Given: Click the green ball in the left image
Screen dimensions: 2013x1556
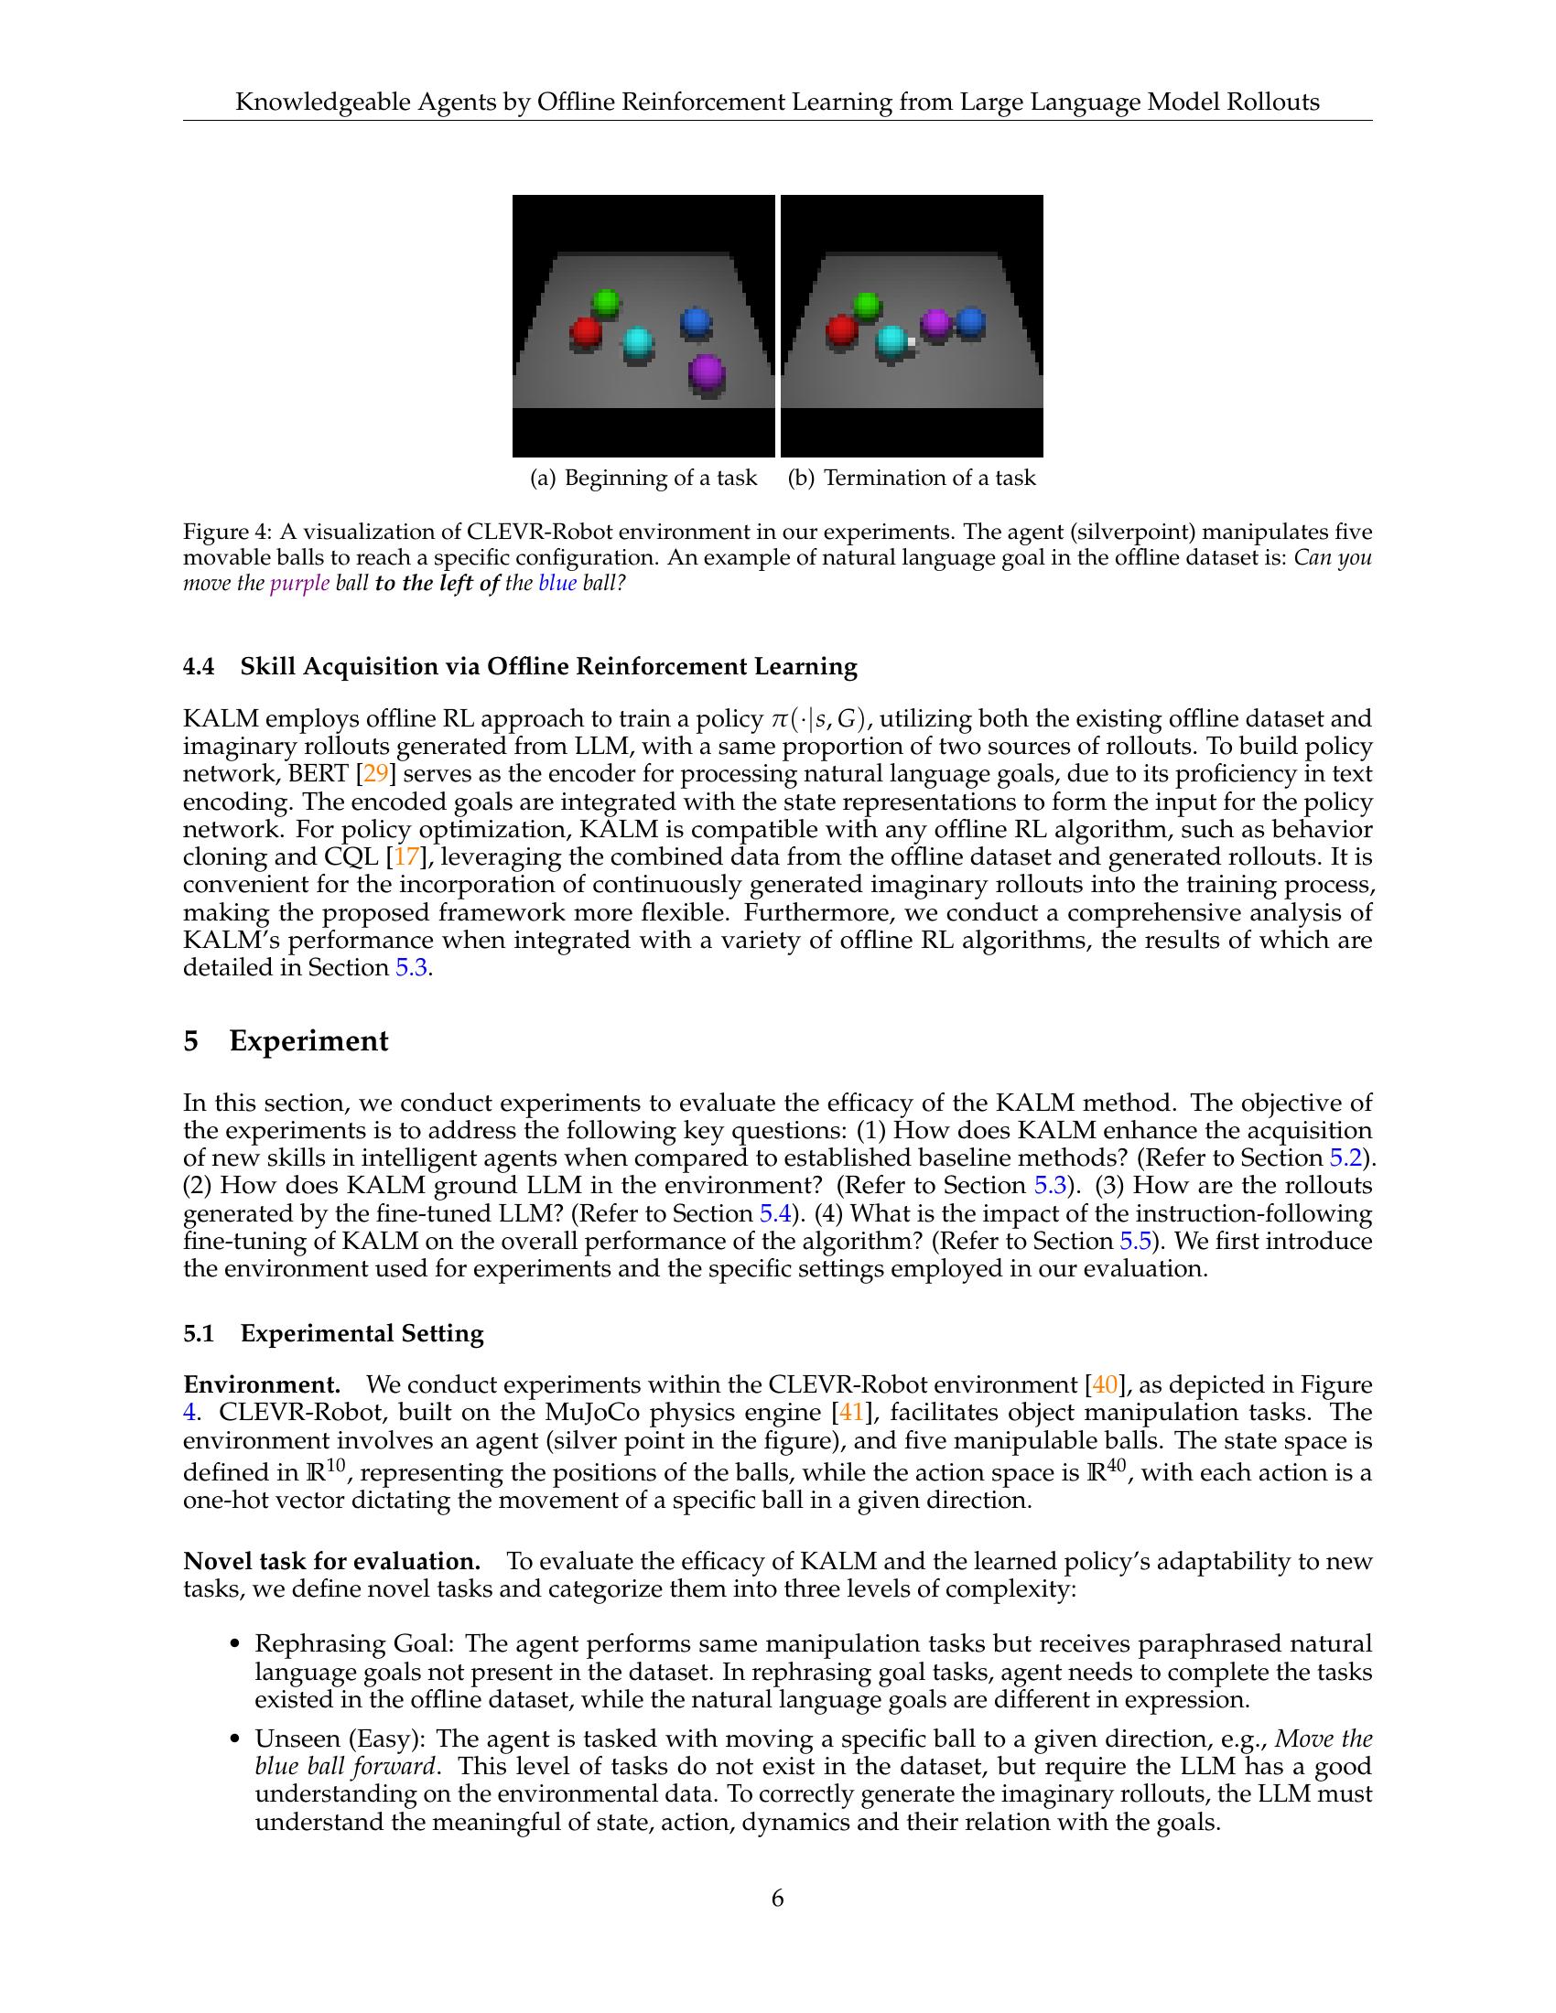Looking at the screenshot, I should (x=606, y=302).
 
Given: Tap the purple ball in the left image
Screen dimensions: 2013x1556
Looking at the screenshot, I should (x=707, y=373).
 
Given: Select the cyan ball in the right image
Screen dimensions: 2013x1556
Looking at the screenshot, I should (x=891, y=343).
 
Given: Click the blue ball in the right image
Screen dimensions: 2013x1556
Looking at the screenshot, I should (x=969, y=323).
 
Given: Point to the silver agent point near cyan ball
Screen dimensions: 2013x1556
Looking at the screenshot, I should (x=911, y=342).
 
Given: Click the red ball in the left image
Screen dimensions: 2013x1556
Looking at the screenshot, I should (x=586, y=332).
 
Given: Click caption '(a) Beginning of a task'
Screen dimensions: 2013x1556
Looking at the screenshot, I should (x=643, y=478).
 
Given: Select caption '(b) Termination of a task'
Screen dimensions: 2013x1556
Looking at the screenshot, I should (x=912, y=478).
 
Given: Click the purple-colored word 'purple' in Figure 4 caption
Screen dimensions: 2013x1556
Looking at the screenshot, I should (x=299, y=585).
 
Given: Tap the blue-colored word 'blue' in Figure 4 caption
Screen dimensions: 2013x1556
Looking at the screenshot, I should (x=556, y=585).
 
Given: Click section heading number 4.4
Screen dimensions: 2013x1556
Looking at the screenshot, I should (x=199, y=666).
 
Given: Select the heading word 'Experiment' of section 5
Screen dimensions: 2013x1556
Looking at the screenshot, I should (x=308, y=1040).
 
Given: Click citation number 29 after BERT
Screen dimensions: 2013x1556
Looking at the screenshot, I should (x=377, y=774).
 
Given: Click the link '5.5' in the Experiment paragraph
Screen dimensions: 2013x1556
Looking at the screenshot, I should (x=1135, y=1241).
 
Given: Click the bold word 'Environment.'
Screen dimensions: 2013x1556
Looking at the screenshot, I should (x=262, y=1384).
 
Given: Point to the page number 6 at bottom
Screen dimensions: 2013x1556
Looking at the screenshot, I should (x=777, y=1899).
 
